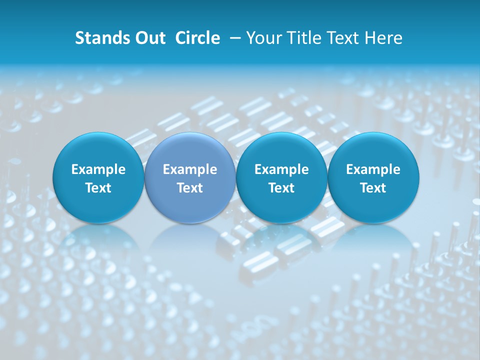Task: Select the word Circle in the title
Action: [197, 38]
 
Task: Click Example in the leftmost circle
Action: [98, 169]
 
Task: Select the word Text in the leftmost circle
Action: [98, 188]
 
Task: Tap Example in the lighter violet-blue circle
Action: [190, 169]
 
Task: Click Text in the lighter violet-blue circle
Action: [190, 188]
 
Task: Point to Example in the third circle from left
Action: [281, 169]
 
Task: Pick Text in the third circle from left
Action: [281, 188]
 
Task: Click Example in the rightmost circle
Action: [373, 169]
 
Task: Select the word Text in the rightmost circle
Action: [373, 188]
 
